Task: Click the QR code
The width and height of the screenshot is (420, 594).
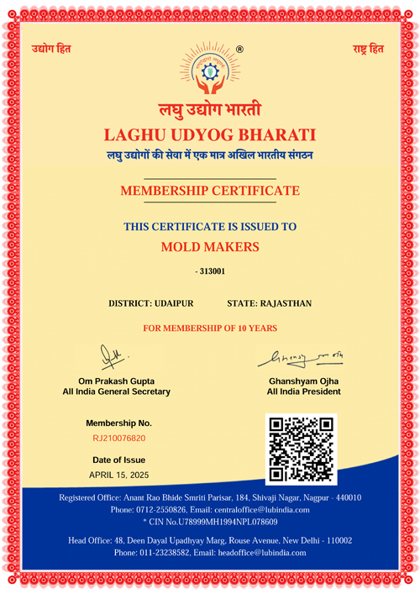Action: tap(300, 449)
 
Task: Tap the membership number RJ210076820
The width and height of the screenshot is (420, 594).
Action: tap(118, 439)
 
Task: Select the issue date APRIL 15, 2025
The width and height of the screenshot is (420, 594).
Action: tap(118, 475)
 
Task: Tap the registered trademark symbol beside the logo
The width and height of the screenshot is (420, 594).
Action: tap(239, 50)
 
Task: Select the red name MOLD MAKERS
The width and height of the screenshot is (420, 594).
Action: tap(210, 246)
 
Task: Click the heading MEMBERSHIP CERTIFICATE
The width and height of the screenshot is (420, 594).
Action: tap(210, 191)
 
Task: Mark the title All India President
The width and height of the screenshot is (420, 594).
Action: tap(303, 392)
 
